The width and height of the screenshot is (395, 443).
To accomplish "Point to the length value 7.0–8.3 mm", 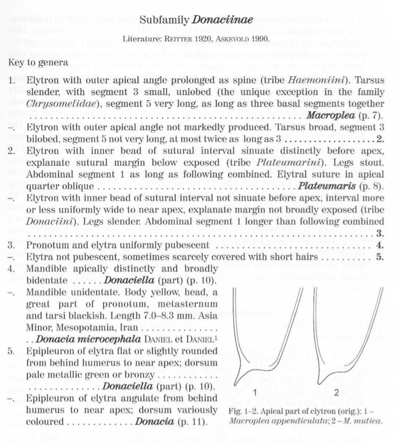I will click(154, 315).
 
